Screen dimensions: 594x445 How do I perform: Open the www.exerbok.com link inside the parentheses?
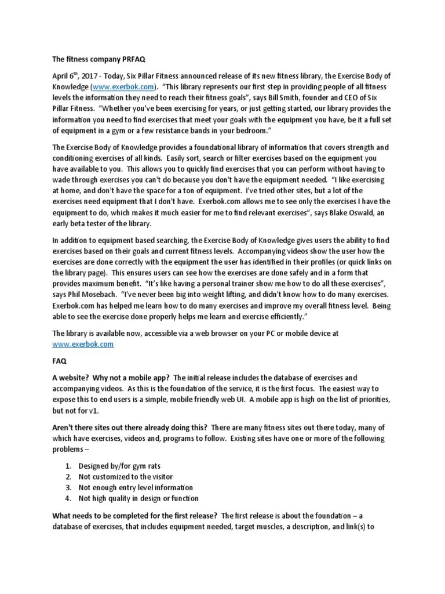[x=121, y=87]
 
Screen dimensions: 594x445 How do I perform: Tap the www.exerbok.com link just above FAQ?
[x=83, y=343]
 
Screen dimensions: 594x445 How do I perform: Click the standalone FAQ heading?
[x=59, y=360]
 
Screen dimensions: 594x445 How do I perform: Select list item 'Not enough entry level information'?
[x=136, y=488]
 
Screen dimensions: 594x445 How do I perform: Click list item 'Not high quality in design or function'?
[x=138, y=499]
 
